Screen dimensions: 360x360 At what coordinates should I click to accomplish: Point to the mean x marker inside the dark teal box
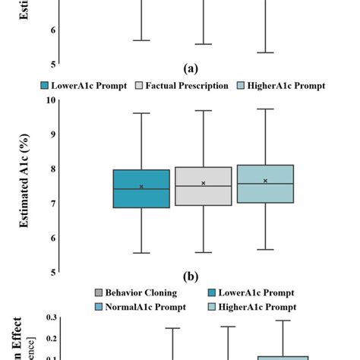(x=141, y=187)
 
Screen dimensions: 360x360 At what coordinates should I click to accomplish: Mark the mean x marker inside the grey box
(x=203, y=183)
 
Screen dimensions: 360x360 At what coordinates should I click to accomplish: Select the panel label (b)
(x=193, y=276)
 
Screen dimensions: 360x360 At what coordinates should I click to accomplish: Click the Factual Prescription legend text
(x=188, y=85)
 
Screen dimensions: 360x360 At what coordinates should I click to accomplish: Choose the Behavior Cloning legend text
(x=141, y=292)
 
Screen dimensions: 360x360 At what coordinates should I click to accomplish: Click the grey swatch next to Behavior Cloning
(x=98, y=292)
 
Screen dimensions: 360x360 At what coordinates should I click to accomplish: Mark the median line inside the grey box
(x=203, y=186)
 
